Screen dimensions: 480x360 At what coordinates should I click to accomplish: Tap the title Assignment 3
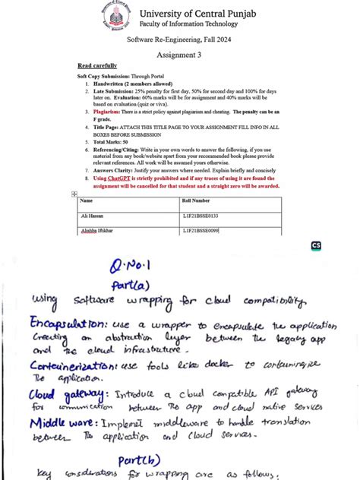179,55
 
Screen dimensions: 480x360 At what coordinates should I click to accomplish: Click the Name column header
86,201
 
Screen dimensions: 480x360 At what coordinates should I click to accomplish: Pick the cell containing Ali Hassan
90,216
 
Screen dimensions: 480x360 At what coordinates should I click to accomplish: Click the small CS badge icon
316,246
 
